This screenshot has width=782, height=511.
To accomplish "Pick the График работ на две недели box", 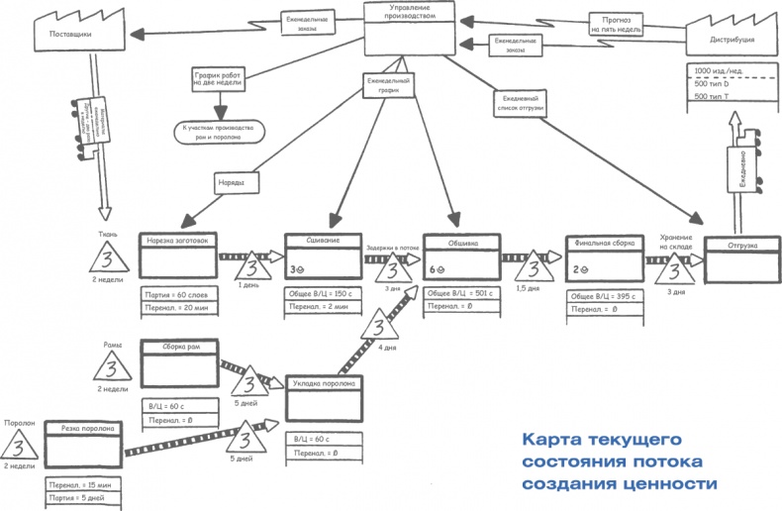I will (x=220, y=78).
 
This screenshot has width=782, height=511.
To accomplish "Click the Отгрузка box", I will (x=744, y=256).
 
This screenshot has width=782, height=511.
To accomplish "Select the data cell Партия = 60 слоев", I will (x=179, y=294).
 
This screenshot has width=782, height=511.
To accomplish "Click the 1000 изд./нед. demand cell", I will (x=729, y=71).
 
